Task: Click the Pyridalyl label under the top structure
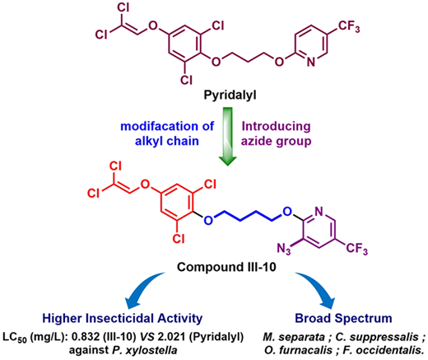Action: click(230, 96)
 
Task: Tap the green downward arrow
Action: click(228, 136)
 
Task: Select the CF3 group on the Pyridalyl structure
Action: click(349, 27)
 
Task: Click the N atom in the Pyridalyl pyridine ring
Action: click(310, 63)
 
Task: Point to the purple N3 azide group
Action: click(283, 249)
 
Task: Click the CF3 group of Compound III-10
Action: click(356, 249)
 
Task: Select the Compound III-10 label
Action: click(226, 267)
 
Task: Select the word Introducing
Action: click(276, 126)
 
